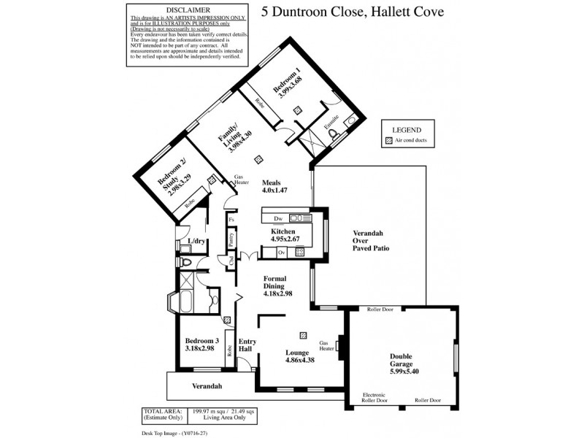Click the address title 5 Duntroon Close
pyautogui.click(x=352, y=12)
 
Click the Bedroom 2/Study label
pyautogui.click(x=175, y=177)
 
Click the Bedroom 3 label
pyautogui.click(x=201, y=345)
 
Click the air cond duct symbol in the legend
pyautogui.click(x=388, y=140)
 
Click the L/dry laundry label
pyautogui.click(x=196, y=241)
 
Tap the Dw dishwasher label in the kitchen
pyautogui.click(x=277, y=218)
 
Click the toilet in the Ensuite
pyautogui.click(x=335, y=135)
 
